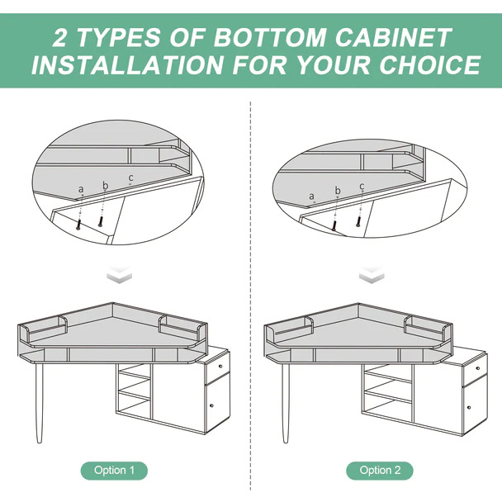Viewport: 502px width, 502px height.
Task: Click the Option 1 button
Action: point(114,471)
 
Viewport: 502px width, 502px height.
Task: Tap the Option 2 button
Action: point(380,471)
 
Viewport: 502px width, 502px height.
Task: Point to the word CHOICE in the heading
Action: point(430,64)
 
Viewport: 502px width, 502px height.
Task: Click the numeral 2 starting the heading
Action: point(59,37)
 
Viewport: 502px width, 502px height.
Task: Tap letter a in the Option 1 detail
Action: point(81,189)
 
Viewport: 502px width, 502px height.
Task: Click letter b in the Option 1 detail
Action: point(106,185)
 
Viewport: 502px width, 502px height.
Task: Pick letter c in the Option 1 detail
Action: point(130,178)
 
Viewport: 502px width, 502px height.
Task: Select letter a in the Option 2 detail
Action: point(311,197)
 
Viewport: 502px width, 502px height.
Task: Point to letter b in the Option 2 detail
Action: point(338,191)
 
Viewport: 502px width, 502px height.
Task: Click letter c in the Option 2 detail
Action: point(362,186)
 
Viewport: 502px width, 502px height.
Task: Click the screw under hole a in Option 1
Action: point(78,225)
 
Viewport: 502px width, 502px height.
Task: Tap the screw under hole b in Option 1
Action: point(101,221)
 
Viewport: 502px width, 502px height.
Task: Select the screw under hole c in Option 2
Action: point(359,222)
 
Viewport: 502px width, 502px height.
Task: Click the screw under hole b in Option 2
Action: point(334,225)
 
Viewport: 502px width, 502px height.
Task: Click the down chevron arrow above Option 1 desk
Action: point(119,274)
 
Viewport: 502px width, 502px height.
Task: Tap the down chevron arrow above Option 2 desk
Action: point(372,274)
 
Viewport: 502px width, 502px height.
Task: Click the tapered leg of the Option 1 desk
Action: point(39,403)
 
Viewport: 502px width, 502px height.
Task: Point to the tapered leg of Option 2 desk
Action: point(286,403)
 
